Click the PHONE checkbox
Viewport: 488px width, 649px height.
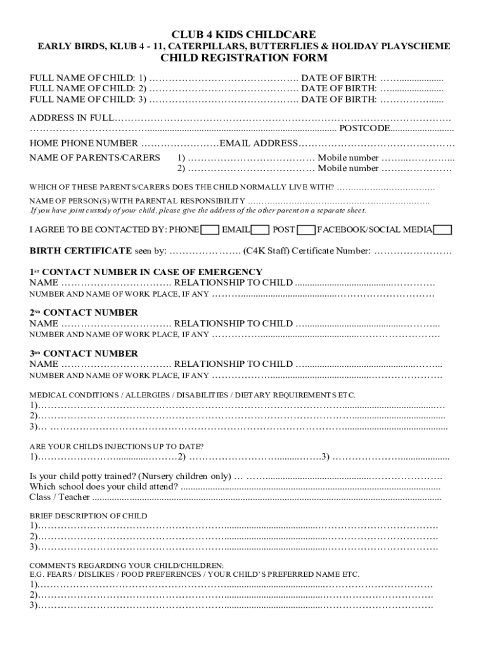point(210,229)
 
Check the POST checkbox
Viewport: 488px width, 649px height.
point(307,229)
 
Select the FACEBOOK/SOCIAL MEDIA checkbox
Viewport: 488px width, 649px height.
point(443,229)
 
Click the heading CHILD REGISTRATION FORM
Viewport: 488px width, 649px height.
point(244,58)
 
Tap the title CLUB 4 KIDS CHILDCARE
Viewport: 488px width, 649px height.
point(244,34)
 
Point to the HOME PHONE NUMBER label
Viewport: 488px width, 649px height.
point(84,143)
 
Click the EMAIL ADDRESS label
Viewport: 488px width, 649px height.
point(258,143)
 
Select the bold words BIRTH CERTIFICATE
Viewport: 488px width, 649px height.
point(81,251)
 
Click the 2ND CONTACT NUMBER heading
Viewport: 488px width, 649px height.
point(84,312)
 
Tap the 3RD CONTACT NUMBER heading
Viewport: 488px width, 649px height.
point(84,353)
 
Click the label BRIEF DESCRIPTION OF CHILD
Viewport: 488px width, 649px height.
point(88,516)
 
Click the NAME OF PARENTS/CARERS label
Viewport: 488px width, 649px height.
point(94,158)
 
